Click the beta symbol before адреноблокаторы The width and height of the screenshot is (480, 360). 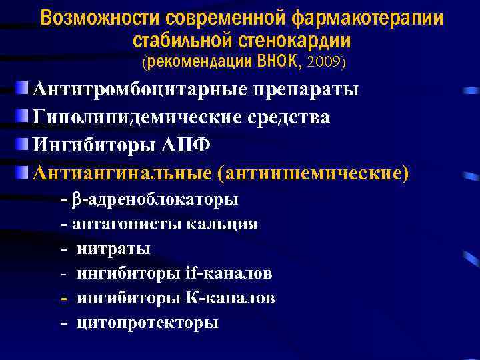[x=76, y=199]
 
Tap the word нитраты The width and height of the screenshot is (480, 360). [x=113, y=249]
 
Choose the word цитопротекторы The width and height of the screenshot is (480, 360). [x=147, y=323]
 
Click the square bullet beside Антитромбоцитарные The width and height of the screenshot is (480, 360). [x=23, y=87]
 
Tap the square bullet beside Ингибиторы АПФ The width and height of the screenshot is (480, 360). [x=23, y=143]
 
